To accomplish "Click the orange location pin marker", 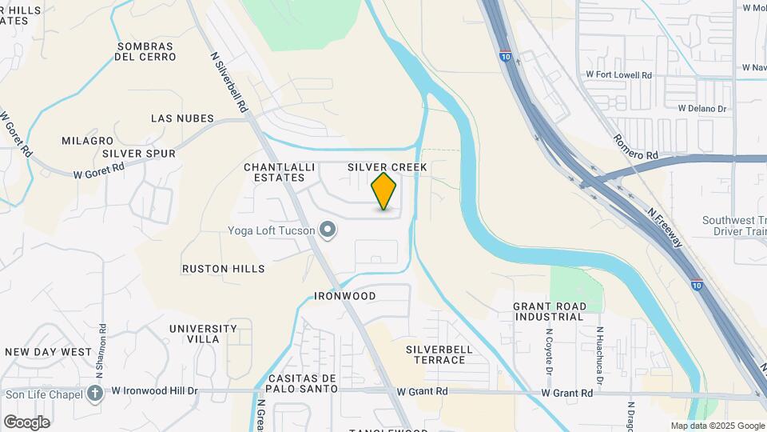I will [384, 191].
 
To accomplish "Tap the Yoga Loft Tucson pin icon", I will [327, 230].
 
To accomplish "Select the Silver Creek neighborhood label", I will [387, 167].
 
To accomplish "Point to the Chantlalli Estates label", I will [275, 172].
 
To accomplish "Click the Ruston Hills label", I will [223, 269].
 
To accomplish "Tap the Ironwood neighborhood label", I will [345, 296].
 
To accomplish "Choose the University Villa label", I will [203, 334].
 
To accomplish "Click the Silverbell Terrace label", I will [435, 354].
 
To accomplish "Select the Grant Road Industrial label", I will [549, 311].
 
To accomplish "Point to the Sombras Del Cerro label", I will [149, 51].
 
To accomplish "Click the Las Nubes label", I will [182, 118].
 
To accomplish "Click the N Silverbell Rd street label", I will [229, 82].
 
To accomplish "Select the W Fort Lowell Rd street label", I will [619, 74].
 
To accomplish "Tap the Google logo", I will [26, 422].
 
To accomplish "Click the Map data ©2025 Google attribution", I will [717, 426].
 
